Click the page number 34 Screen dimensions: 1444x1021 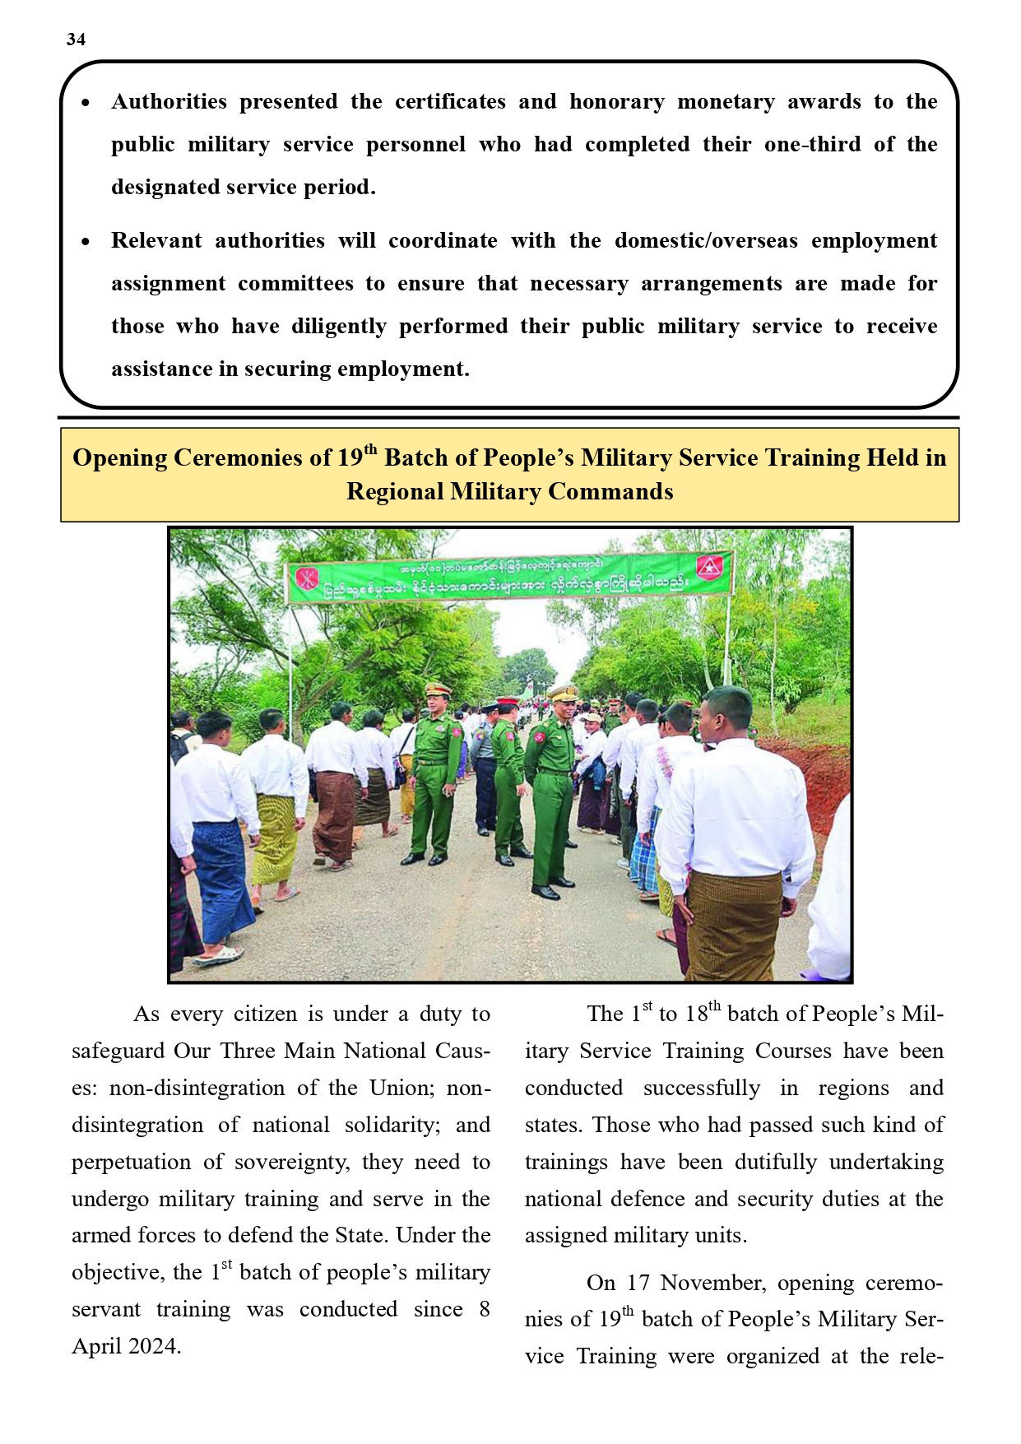tap(76, 39)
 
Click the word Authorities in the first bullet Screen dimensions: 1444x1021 tap(169, 102)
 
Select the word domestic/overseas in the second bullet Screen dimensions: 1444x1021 tap(706, 241)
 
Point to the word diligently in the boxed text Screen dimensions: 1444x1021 tap(339, 327)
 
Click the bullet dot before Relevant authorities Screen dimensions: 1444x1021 tap(86, 242)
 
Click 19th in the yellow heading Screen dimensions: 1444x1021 tap(356, 457)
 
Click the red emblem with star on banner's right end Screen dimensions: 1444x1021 tap(708, 567)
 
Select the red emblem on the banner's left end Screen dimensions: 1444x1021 tap(305, 578)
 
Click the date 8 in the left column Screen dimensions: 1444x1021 tap(484, 1309)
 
